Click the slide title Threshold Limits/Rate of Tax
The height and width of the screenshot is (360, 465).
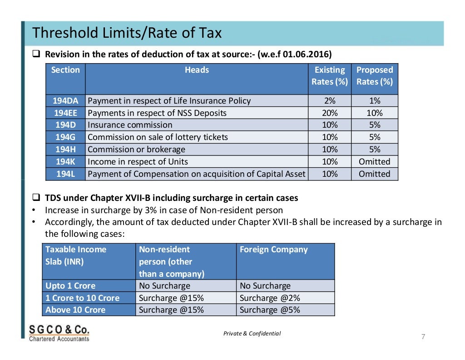coord(127,33)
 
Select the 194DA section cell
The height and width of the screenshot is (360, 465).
coord(65,100)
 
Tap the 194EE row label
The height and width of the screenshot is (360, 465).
coord(65,113)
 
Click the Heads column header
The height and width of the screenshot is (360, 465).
coord(197,70)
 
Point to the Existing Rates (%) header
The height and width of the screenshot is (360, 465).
coord(330,75)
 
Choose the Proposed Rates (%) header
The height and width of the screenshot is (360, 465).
coord(375,75)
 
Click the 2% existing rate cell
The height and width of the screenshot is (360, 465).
coord(330,100)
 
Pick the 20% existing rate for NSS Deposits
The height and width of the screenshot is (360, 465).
coord(330,113)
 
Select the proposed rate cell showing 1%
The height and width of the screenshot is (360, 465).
coord(375,100)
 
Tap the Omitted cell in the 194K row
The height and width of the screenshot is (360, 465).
coord(375,161)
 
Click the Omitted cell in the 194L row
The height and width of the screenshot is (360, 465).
coord(375,174)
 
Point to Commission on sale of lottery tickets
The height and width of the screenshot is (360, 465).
coord(158,137)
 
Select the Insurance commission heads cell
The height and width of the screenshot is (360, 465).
coord(197,125)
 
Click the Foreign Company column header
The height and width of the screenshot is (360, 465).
coord(274,249)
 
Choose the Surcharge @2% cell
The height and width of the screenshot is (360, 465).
coord(285,298)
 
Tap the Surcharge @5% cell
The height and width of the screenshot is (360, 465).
coord(285,310)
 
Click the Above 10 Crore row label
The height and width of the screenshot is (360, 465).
coord(75,310)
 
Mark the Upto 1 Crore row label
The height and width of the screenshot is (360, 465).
coord(70,286)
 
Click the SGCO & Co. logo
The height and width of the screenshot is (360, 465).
coord(59,333)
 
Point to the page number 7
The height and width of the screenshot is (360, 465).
coord(423,336)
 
